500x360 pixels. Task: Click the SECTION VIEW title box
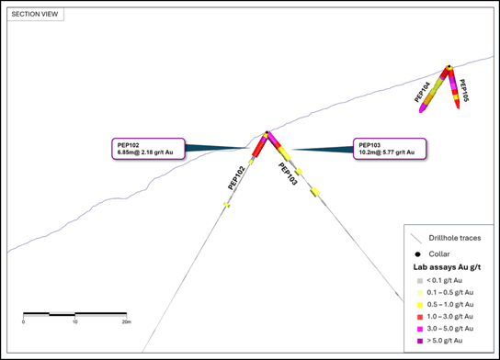point(35,14)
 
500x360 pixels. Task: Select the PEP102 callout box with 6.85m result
point(148,149)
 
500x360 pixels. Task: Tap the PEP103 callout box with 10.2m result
point(390,149)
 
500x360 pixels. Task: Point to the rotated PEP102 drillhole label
point(236,178)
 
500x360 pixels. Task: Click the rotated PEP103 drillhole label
point(288,174)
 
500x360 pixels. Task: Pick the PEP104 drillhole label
point(422,92)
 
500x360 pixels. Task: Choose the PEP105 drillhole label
point(464,91)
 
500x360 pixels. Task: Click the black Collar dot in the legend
point(417,254)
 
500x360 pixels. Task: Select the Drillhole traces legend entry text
point(455,238)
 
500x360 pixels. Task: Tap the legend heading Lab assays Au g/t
point(447,267)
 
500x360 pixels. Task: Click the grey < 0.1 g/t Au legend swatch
point(420,281)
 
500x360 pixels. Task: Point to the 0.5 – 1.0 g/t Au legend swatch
point(420,305)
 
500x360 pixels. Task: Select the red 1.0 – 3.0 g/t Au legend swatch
point(420,317)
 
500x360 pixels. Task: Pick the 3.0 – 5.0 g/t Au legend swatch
point(420,329)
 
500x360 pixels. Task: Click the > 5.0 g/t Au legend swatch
point(420,341)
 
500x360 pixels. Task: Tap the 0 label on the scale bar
point(23,322)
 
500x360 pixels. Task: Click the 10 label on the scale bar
point(75,322)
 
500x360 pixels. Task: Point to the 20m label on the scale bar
point(127,322)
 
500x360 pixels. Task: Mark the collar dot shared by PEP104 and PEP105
point(449,67)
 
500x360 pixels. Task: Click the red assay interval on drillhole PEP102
point(259,148)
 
